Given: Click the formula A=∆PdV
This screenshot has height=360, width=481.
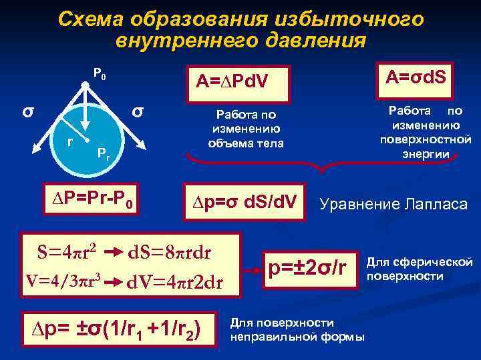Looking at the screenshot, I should click(x=232, y=81).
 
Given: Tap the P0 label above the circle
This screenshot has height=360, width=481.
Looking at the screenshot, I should click(x=98, y=74).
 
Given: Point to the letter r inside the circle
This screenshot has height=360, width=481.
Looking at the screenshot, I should click(x=69, y=141).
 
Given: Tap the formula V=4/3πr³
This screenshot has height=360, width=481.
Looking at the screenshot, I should click(x=61, y=279).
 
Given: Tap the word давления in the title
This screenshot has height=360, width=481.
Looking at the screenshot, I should click(x=314, y=40).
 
